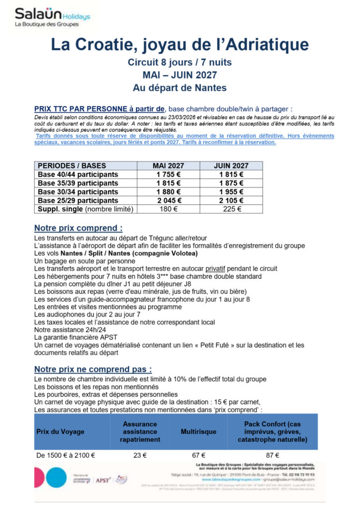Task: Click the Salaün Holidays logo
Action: tap(52, 17)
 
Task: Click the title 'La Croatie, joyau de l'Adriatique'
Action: tap(180, 45)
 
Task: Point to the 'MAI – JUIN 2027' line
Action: tap(180, 75)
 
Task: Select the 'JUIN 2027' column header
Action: tap(231, 166)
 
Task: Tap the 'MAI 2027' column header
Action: tap(169, 166)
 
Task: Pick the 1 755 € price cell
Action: tap(169, 174)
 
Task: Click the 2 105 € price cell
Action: tap(231, 200)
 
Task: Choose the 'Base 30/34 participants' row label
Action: tap(78, 192)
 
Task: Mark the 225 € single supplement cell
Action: tap(231, 209)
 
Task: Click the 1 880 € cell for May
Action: tap(169, 192)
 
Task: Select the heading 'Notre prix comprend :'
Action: tap(78, 228)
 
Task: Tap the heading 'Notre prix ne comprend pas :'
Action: tap(93, 369)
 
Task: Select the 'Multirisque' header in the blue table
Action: tap(198, 431)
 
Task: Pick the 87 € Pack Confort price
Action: tap(272, 455)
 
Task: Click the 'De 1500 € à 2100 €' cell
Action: tap(66, 455)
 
